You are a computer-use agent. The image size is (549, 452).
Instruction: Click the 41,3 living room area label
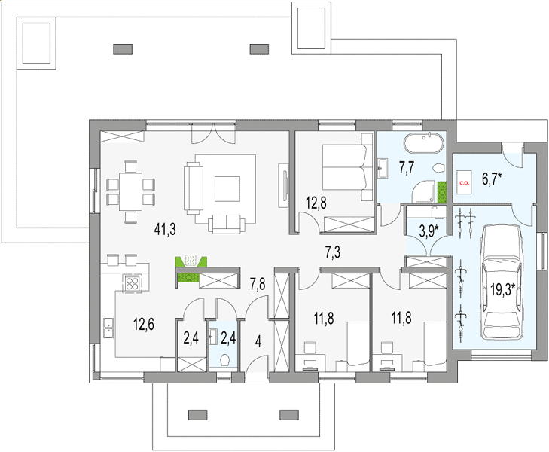[165, 229]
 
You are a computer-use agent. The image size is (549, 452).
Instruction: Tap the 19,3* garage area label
[502, 289]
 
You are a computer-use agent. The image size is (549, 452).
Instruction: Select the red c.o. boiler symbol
[465, 182]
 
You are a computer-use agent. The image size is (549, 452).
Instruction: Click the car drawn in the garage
[502, 282]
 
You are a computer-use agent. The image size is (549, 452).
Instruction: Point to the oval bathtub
[424, 143]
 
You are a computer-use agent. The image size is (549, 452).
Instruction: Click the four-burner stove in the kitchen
[132, 283]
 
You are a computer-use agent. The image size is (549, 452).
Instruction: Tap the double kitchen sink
[108, 328]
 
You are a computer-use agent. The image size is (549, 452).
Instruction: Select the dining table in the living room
[130, 191]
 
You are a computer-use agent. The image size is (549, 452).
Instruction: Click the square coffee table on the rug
[227, 189]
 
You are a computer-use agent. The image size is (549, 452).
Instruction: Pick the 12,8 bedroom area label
[316, 203]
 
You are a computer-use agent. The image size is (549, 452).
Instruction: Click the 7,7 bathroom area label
[407, 167]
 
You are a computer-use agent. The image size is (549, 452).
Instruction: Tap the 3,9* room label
[429, 231]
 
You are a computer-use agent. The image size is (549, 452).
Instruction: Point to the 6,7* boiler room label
[492, 179]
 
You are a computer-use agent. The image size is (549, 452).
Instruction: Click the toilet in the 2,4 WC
[224, 359]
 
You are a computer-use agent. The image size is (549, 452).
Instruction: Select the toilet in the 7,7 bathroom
[438, 169]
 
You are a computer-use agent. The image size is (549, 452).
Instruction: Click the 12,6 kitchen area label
[144, 324]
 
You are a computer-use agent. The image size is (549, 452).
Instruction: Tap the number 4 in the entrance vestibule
[258, 341]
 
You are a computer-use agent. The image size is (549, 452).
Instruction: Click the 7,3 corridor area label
[333, 252]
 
